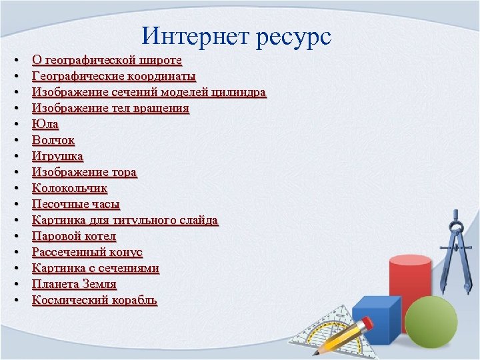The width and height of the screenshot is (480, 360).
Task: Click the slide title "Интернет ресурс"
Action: coord(237,36)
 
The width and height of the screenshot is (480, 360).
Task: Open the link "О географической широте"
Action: coord(107,60)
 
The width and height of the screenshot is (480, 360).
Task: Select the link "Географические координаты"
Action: coord(114,76)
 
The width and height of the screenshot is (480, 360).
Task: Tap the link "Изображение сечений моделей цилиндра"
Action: coord(149,92)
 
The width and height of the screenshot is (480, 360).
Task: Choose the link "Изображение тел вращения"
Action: coord(111,108)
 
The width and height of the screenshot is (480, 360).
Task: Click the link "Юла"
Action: coord(45,124)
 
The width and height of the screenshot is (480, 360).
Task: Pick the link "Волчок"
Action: coord(53,140)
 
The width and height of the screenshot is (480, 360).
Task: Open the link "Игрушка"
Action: coord(58,156)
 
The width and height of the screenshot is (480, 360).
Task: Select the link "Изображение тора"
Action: coord(85,172)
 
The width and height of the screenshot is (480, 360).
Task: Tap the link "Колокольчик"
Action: coord(69,188)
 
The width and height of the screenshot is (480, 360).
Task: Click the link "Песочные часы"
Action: coord(76,204)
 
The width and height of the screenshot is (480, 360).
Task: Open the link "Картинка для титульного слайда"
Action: coord(125,220)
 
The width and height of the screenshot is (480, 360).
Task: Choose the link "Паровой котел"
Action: coord(74,236)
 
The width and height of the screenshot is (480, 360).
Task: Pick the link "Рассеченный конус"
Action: coord(87,252)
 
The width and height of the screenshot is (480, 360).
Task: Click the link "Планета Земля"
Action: coord(74,284)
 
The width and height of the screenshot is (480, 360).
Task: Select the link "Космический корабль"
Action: coord(95,300)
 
